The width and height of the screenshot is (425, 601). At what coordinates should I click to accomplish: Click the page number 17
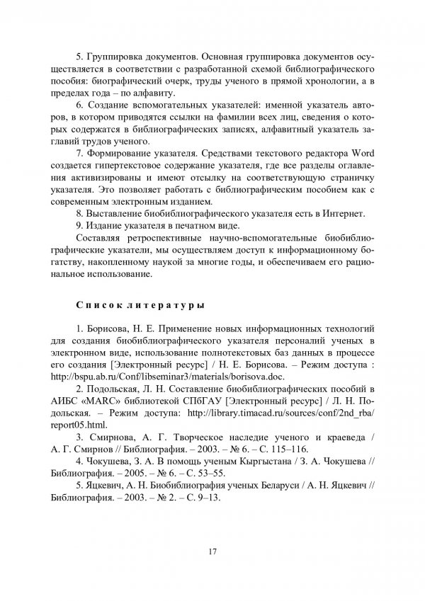coord(212,552)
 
